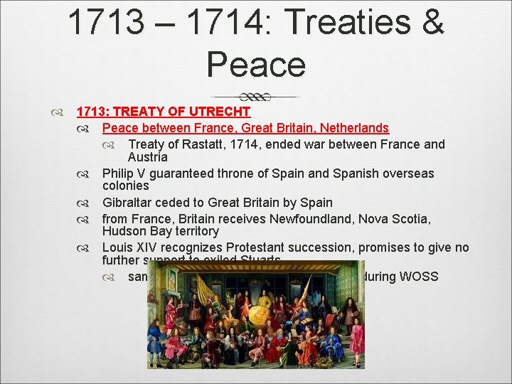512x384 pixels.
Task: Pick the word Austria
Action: tap(147, 156)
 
